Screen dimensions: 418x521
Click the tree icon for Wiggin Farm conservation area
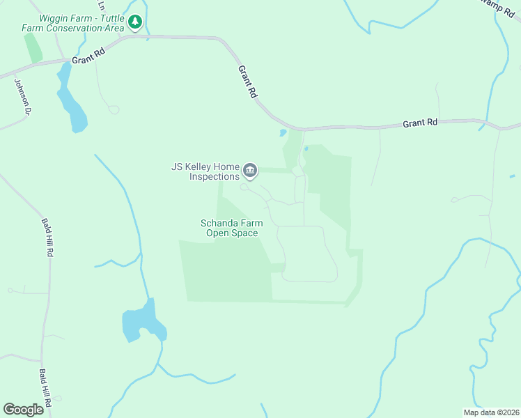click(x=135, y=23)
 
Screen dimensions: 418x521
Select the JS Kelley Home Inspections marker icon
click(x=250, y=170)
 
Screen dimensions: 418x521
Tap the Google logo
click(x=23, y=409)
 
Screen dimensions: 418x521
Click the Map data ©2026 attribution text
click(x=490, y=412)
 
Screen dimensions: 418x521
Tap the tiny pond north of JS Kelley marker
click(x=283, y=132)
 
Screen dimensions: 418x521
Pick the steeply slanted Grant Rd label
click(x=247, y=82)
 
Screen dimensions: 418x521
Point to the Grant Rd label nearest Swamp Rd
click(x=420, y=123)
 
